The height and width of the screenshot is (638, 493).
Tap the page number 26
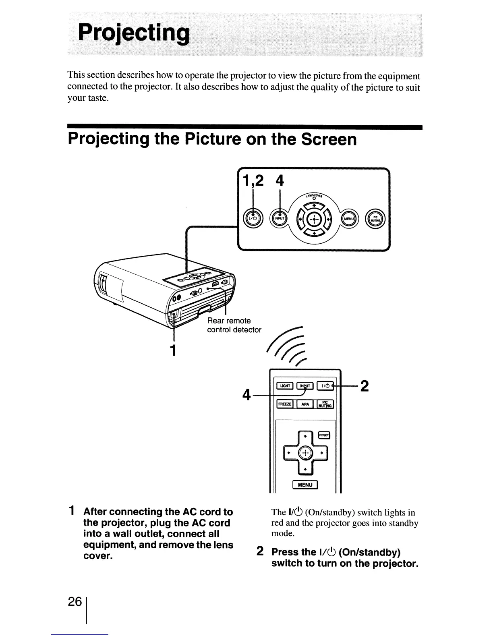[x=75, y=602]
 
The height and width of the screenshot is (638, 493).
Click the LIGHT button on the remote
[x=284, y=386]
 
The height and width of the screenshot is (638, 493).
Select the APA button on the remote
[x=305, y=404]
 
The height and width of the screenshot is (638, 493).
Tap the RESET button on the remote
[x=324, y=435]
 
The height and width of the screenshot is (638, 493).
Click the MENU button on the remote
[x=305, y=485]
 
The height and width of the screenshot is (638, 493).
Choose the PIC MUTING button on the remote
[x=325, y=404]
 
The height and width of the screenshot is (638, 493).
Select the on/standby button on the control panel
[x=252, y=218]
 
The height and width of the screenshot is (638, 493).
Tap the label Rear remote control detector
[x=234, y=325]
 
